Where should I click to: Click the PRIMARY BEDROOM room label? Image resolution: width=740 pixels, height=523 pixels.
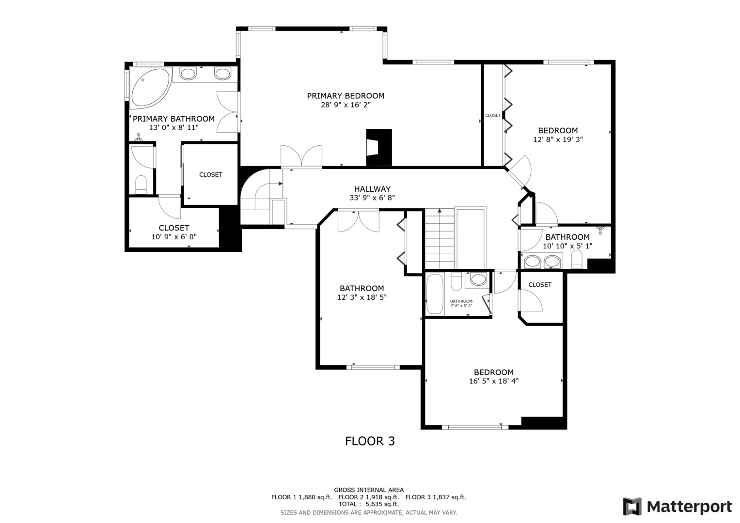point(346,96)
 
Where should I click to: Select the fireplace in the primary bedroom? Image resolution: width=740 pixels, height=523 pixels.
point(379,147)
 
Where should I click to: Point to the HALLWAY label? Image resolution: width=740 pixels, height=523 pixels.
point(372,189)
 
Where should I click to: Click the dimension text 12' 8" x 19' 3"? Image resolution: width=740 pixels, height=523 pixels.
point(558,139)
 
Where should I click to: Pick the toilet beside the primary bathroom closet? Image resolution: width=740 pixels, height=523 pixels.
point(141,185)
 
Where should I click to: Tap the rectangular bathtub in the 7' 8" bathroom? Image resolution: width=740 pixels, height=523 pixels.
point(435,294)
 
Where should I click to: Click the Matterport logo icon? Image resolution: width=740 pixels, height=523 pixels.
point(632,507)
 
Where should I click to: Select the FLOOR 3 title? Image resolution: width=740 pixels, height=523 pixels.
point(370,441)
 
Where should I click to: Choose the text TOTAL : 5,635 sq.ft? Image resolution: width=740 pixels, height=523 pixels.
point(369,504)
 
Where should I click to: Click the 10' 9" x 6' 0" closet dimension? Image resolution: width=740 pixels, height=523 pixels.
point(174,237)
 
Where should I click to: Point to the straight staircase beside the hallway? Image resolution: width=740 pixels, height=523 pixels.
point(440,239)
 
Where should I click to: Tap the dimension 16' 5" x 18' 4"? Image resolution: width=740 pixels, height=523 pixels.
point(494,381)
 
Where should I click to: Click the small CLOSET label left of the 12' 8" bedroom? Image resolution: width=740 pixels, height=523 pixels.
point(493,115)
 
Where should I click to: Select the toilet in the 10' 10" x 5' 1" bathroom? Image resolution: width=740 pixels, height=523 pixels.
point(577,260)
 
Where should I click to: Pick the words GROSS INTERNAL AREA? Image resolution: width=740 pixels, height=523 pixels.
point(369,490)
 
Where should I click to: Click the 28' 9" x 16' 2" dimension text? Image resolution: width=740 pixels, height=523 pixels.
point(346,105)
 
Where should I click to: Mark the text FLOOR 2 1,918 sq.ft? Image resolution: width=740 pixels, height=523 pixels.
point(369,497)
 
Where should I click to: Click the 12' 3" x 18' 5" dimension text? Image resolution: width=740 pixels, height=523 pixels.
point(362,297)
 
